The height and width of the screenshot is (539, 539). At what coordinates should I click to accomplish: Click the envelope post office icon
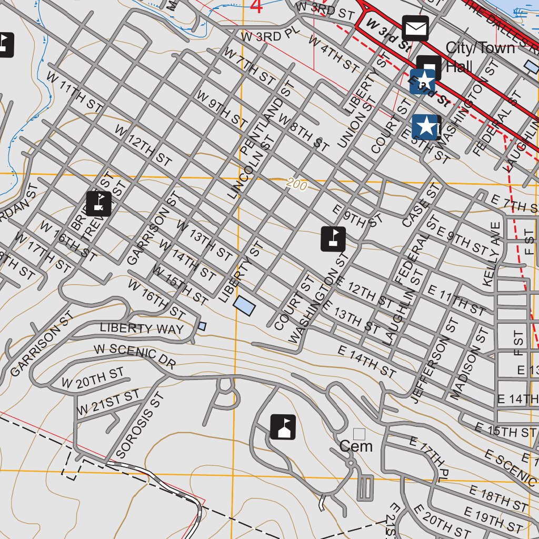[416, 28]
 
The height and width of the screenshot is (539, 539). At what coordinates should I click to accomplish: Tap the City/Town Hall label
[480, 57]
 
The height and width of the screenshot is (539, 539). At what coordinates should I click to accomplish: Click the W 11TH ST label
[74, 91]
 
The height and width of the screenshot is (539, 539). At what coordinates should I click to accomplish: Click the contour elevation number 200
[296, 183]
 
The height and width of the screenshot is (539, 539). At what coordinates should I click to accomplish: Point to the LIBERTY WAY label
[142, 328]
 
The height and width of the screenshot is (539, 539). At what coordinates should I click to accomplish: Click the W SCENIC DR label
[135, 356]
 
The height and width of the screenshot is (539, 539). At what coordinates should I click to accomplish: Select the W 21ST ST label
[108, 402]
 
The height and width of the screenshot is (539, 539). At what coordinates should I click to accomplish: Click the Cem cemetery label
[356, 446]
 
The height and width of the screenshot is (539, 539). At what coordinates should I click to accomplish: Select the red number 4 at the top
[256, 7]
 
